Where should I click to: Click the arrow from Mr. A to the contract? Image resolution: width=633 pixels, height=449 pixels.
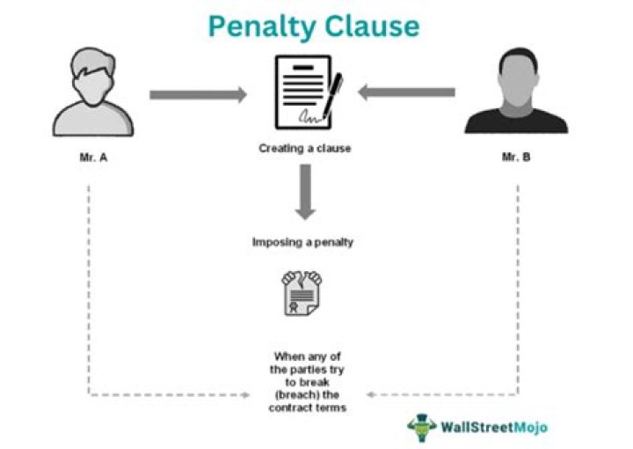click(197, 94)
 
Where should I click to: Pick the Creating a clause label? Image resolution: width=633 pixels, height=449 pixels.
click(304, 149)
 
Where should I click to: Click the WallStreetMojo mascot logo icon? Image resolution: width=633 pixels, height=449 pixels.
click(422, 426)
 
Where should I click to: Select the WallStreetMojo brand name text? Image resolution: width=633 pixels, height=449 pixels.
click(495, 427)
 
